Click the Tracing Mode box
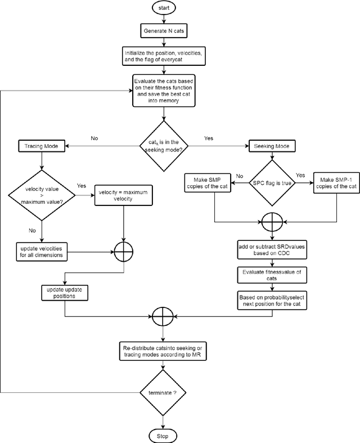(x=42, y=146)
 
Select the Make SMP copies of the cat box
(x=215, y=183)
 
